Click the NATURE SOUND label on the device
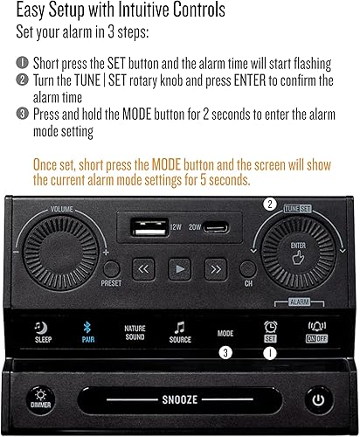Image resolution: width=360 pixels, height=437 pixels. pyautogui.click(x=135, y=332)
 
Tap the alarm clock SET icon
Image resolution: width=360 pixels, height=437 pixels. pyautogui.click(x=270, y=328)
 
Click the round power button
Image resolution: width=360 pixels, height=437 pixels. pyautogui.click(x=319, y=400)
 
